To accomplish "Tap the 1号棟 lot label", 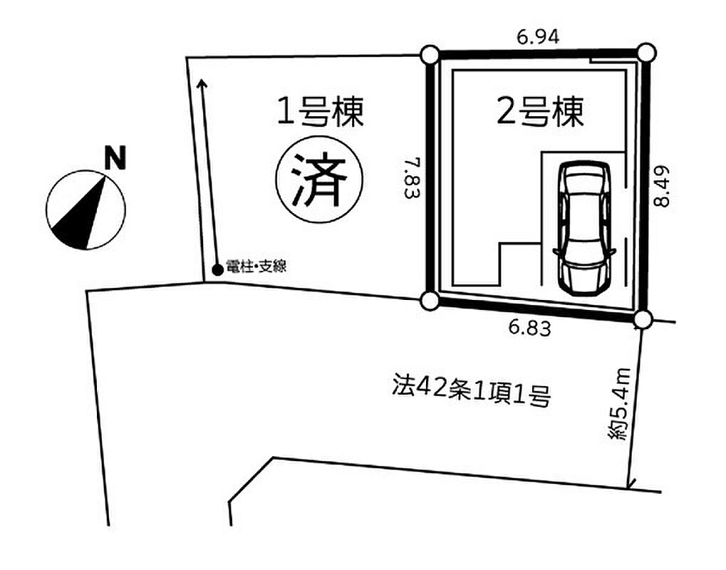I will [x=321, y=112].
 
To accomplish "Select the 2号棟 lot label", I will [x=540, y=112].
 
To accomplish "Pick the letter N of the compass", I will [x=114, y=158].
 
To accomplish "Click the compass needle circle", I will [x=85, y=210].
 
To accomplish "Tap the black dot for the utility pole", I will [x=217, y=269].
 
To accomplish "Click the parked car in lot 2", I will [x=584, y=227].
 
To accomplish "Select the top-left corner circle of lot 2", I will [x=430, y=55].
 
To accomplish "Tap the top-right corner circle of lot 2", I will [x=645, y=52].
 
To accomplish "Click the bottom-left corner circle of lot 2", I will [x=429, y=301].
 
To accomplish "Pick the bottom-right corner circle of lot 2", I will [x=643, y=318].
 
